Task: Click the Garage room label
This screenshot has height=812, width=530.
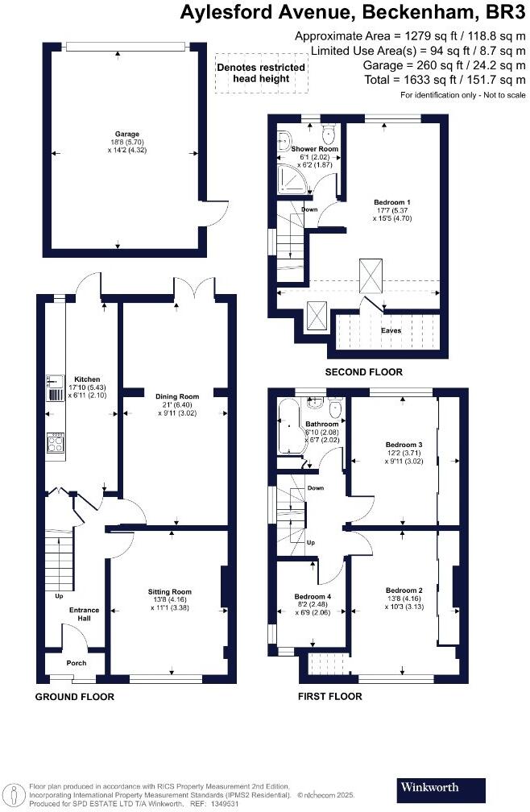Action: pos(126,134)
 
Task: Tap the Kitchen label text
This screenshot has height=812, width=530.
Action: pos(86,379)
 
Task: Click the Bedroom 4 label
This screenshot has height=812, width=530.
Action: pos(312,597)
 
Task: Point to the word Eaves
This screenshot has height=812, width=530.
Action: pos(391,330)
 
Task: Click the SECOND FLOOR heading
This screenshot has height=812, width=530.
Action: pos(363,372)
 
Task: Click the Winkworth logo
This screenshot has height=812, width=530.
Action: pos(442,787)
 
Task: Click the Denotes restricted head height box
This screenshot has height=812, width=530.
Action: pos(261,73)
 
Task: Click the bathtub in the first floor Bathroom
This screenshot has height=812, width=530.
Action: pos(287,426)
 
